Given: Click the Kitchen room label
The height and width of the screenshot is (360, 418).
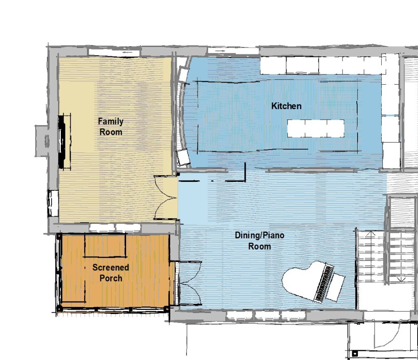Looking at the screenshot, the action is pos(286,106).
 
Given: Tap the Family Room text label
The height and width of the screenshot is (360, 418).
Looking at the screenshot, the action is pos(111,127).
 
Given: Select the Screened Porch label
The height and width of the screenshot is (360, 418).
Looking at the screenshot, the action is pos(111,273).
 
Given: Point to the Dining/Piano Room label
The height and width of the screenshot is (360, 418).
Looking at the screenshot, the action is pos(259,241).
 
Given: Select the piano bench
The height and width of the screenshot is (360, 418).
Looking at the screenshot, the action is pos(336,287).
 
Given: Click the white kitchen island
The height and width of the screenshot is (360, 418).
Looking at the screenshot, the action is pos(316,128).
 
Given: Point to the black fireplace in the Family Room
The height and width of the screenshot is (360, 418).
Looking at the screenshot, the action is pos(62,141).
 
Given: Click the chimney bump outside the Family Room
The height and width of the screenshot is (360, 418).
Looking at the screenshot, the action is pos(42,141).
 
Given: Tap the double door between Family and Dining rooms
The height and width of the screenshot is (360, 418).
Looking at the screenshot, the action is pos(166,197).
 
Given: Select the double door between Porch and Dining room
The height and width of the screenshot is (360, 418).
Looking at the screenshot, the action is pos(191,283).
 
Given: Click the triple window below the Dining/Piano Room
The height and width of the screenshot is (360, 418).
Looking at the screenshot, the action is pos(266,315).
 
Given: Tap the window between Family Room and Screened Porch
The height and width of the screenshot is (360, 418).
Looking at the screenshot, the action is pos(115,228).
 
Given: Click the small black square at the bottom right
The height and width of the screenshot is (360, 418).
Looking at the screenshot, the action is pos(355,354).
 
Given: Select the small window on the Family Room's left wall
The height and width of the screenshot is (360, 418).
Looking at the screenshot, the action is pos(53,203).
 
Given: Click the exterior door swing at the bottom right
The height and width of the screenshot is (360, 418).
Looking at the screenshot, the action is pos(387,335).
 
